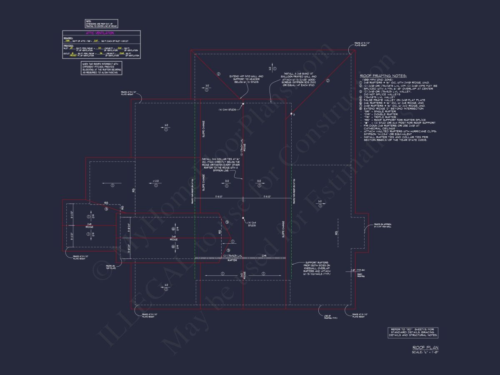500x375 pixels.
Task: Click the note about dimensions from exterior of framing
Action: (102, 23)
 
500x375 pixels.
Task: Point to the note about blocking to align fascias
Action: (102, 68)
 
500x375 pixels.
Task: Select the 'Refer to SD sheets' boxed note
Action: (413, 332)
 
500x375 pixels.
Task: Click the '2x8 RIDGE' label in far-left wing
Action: (89, 225)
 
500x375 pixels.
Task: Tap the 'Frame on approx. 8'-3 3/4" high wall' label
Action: (382, 225)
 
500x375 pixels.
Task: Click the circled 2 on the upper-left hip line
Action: (218, 75)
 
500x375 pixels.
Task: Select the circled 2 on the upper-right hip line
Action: (327, 81)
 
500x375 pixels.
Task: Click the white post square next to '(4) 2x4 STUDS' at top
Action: (243, 103)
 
